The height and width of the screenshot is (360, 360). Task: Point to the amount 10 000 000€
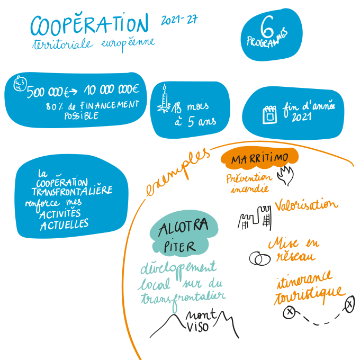(x=111, y=91)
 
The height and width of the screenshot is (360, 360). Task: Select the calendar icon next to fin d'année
(x=270, y=114)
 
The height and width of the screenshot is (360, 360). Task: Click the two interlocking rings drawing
(x=258, y=258)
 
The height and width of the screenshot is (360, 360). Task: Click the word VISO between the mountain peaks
(x=198, y=326)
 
